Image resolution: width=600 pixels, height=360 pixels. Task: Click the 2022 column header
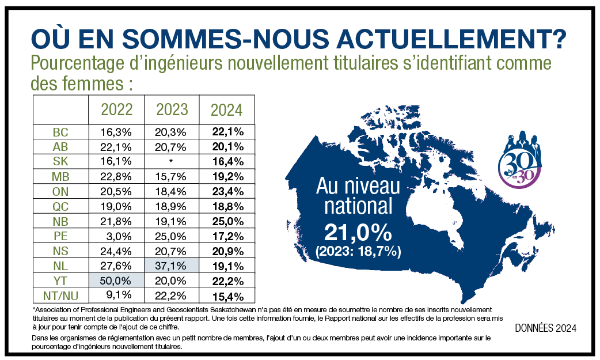[116, 109]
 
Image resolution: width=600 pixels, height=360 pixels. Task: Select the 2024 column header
[227, 109]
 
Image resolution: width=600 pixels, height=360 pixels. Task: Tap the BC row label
[60, 132]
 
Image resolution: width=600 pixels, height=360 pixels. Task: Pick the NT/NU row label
[60, 297]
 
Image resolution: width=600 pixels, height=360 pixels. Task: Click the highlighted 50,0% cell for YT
[116, 282]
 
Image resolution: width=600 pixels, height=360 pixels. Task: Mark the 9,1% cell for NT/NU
[116, 297]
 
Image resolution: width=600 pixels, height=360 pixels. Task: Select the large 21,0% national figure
[358, 233]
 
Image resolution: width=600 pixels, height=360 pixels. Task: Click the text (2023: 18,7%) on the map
[358, 252]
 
